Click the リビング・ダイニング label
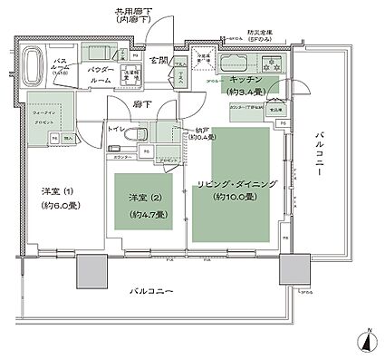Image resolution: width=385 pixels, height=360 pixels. [x=233, y=185]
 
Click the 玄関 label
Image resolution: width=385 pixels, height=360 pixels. [x=159, y=60]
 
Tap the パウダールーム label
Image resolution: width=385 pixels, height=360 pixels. [x=100, y=74]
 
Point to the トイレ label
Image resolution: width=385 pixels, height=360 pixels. [x=118, y=130]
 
